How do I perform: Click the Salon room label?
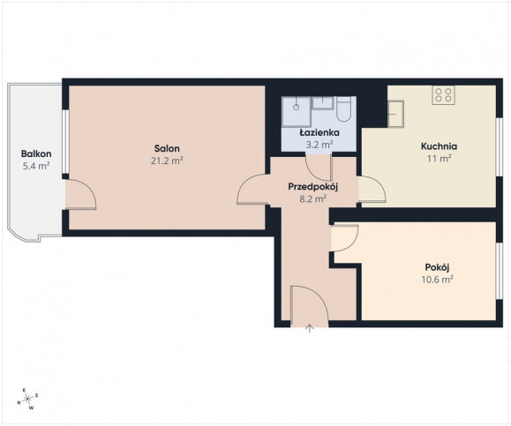(167, 148)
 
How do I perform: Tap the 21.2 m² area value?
(167, 161)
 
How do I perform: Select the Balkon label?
(36, 153)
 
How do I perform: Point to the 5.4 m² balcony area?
(36, 166)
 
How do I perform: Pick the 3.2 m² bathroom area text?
(319, 145)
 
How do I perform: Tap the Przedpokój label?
(312, 187)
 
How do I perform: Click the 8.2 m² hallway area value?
(312, 198)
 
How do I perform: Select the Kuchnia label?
(439, 146)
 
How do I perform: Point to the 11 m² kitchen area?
(439, 159)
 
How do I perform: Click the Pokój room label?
(438, 267)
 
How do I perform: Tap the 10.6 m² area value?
(438, 280)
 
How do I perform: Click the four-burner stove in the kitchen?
(444, 94)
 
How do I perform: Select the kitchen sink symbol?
(395, 114)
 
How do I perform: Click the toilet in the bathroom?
(343, 110)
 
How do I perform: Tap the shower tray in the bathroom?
(297, 111)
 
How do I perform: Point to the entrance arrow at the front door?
(310, 329)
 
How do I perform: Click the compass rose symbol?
(28, 399)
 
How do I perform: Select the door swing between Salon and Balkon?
(81, 194)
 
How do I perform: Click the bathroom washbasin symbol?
(323, 103)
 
